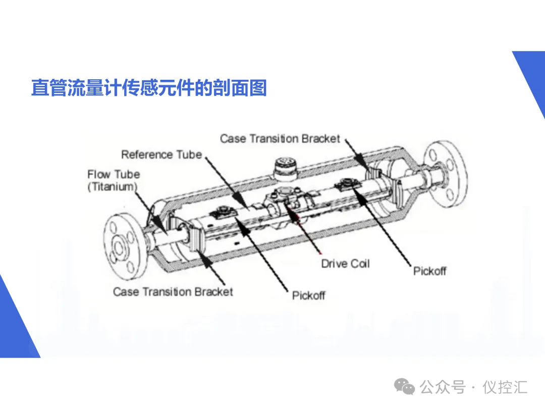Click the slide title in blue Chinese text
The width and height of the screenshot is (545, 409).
coord(149,88)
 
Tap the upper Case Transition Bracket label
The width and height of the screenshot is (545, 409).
coord(280,138)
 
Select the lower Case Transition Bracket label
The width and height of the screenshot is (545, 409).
coord(173,292)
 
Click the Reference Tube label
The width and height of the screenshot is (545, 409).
coord(161,155)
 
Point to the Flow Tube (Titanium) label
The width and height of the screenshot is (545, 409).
coord(114,180)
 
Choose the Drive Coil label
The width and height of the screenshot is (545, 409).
coord(346,264)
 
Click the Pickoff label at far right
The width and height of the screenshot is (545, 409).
coord(430,271)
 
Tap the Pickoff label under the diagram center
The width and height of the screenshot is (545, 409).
coord(309,295)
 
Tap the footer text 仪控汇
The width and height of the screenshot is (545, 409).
coord(505,387)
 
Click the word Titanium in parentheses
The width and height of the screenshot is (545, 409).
coord(113,186)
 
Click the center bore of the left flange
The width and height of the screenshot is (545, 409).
coord(121,247)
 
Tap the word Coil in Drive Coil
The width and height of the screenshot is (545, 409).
coord(360,264)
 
